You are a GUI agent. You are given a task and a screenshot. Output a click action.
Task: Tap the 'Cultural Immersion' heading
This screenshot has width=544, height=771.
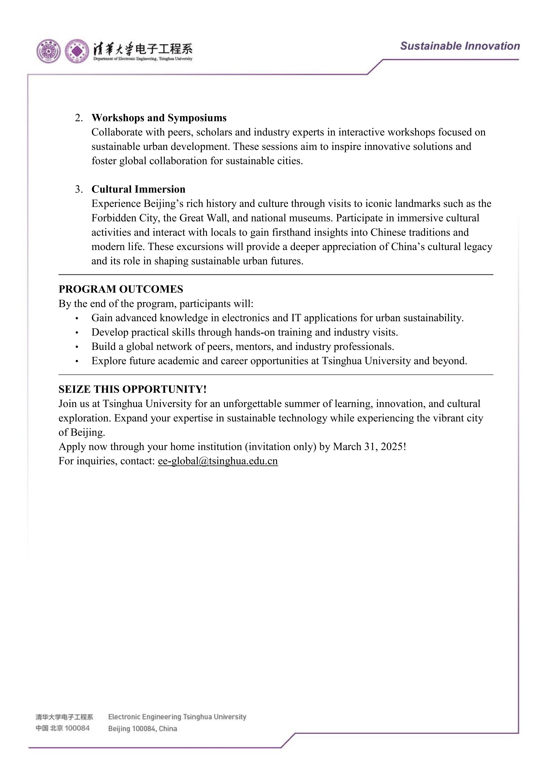[138, 189]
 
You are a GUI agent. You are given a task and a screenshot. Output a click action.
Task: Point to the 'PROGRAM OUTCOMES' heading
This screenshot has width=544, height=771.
[121, 289]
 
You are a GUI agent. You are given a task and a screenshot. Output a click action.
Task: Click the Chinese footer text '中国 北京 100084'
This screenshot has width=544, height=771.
[63, 728]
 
